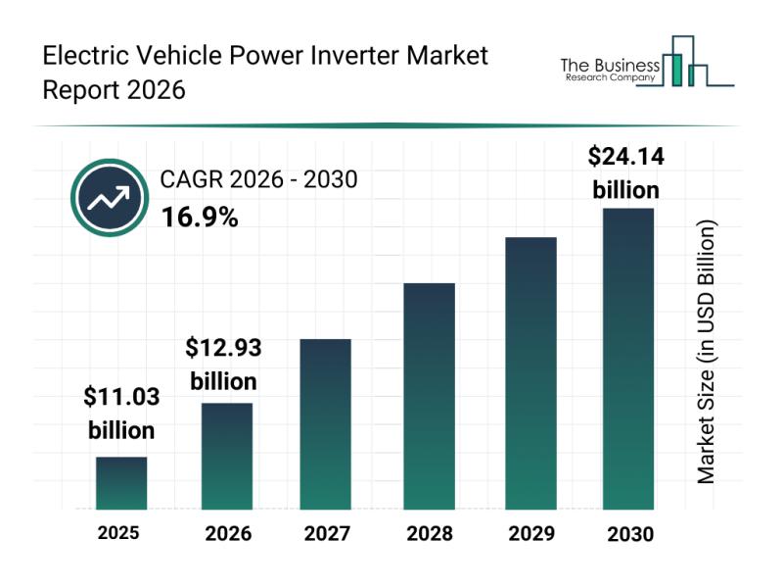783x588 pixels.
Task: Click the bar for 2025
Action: pos(121,483)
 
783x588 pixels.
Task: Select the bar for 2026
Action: pos(227,456)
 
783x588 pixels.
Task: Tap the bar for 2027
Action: pos(325,424)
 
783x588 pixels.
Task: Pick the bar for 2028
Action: pos(429,396)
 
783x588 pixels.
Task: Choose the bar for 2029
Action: pos(530,373)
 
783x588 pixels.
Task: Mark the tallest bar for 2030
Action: pos(627,359)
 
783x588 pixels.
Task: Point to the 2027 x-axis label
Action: pos(325,534)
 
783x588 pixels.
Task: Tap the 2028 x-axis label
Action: pos(429,534)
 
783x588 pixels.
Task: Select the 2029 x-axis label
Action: pos(530,534)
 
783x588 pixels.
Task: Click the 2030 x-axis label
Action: pos(627,534)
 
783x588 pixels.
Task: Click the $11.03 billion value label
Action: pos(121,414)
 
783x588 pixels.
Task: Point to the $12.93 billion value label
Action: pos(224,364)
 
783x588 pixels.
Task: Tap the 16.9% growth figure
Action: pos(200,218)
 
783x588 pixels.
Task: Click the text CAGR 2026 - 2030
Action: pos(258,180)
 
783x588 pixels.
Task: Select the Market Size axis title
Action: pos(707,352)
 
